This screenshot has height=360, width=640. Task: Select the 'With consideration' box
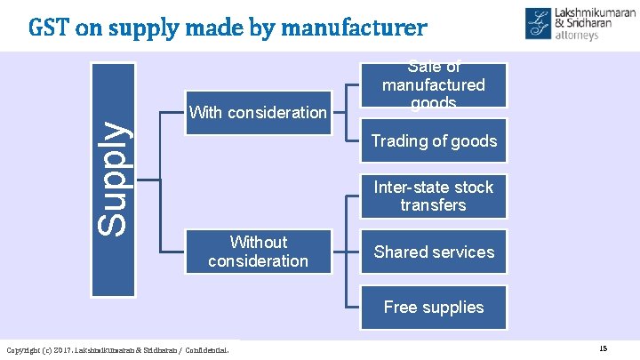coord(258,112)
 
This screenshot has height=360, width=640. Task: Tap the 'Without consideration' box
coord(258,252)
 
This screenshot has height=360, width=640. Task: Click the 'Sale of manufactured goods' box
coord(433,85)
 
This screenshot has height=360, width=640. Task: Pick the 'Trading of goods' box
coord(433,140)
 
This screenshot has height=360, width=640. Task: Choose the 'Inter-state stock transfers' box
coord(433,196)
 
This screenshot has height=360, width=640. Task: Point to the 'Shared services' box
coord(433,252)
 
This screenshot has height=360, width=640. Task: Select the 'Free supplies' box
coord(433,307)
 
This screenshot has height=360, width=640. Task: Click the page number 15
coord(604,348)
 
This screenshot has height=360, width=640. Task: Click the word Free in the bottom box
coord(401,307)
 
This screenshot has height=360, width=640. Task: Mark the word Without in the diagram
coord(258,242)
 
